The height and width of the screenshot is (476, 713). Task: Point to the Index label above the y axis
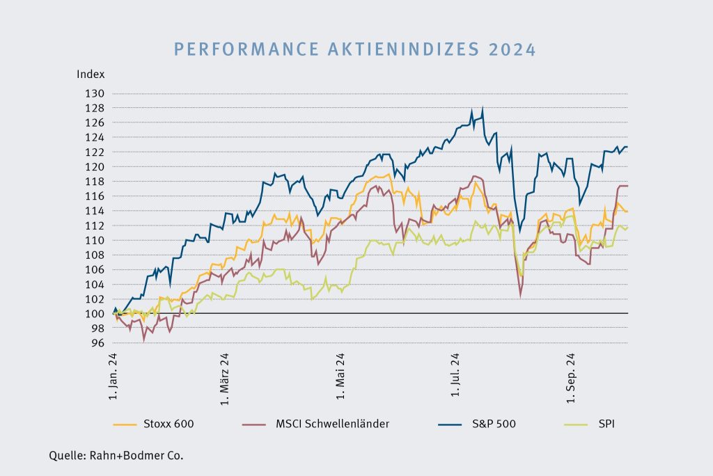91,74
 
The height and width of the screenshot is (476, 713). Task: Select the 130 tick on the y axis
95,93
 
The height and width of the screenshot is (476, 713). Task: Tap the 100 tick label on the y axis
95,313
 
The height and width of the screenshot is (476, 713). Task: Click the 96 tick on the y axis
97,342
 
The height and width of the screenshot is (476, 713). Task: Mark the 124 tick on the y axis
95,137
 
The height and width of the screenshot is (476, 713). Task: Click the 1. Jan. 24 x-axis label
113,376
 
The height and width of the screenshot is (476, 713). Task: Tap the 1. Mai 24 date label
340,376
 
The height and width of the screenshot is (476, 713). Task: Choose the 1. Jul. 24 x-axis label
456,376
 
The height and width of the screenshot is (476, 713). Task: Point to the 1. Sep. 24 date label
572,376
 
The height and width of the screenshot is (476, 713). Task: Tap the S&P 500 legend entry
496,424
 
